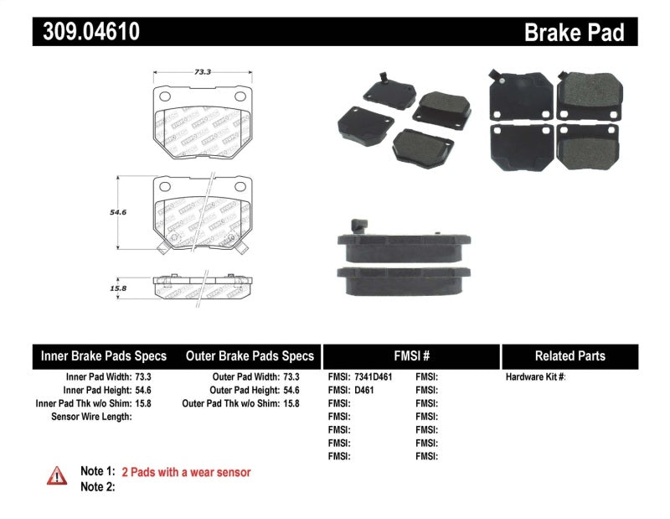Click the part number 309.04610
(x=86, y=32)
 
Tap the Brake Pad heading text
(x=574, y=33)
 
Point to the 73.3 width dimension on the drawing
(x=201, y=72)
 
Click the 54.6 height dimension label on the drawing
(x=118, y=213)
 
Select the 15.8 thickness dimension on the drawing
(x=118, y=288)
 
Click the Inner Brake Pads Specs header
(x=104, y=356)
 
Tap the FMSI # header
(x=410, y=356)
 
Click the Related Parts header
(x=569, y=356)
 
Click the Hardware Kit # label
(x=535, y=377)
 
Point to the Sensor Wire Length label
(x=91, y=416)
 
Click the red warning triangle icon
(x=57, y=475)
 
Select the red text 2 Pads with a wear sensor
(x=186, y=472)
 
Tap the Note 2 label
(x=97, y=486)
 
